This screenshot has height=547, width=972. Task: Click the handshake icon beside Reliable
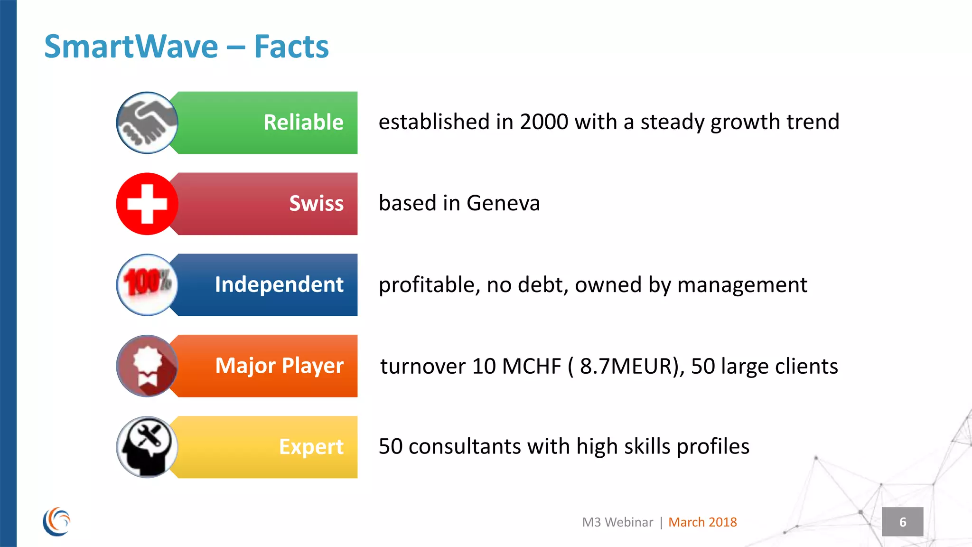(x=147, y=123)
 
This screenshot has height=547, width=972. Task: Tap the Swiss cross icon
(x=147, y=204)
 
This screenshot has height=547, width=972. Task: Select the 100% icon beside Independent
(x=147, y=284)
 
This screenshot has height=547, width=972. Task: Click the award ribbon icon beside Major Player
(x=147, y=366)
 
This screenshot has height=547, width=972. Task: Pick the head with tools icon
(x=147, y=447)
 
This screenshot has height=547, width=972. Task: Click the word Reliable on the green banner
(x=303, y=123)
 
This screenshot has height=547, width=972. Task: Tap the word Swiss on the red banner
(x=316, y=204)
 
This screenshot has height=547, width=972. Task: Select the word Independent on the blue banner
(x=279, y=284)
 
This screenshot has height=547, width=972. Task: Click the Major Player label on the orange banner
(x=279, y=366)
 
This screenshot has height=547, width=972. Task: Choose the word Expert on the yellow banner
(x=311, y=447)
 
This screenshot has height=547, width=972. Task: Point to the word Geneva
(x=503, y=204)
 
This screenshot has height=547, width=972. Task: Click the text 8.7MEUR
(x=629, y=366)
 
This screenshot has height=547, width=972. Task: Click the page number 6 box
(x=902, y=522)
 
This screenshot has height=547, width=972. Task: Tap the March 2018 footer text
(x=702, y=522)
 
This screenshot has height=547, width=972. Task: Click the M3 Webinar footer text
(x=617, y=522)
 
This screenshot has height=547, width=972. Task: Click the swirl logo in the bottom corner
(x=56, y=521)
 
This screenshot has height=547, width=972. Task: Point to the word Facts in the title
(x=291, y=47)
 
